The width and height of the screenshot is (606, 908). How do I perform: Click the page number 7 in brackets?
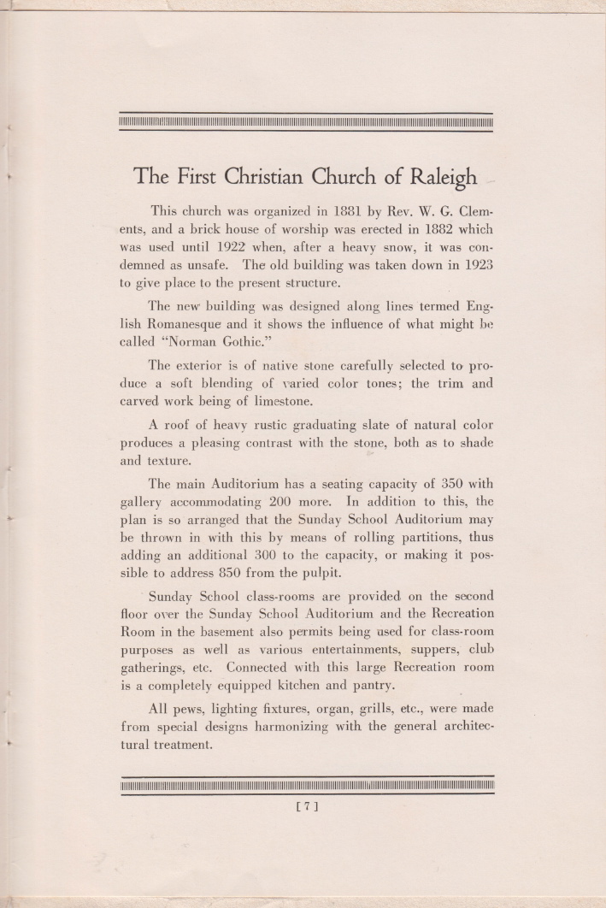click(x=307, y=805)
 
